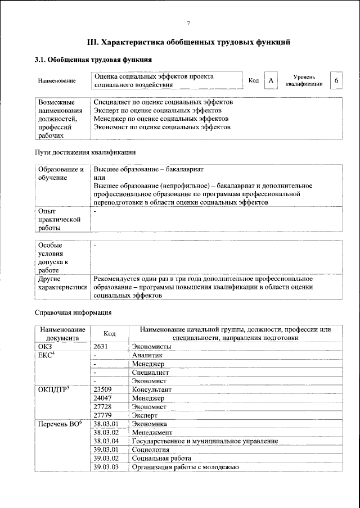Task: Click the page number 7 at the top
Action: [188, 23]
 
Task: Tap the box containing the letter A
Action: [271, 81]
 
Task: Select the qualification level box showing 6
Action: [336, 80]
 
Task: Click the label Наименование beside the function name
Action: [57, 81]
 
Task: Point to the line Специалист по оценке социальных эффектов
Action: [163, 102]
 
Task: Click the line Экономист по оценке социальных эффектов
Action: [162, 128]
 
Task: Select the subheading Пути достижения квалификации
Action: [84, 152]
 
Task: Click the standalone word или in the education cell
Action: [100, 177]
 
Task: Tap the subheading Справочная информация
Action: [73, 312]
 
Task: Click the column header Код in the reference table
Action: [109, 334]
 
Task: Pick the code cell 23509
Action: [104, 389]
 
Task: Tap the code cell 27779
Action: [104, 415]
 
